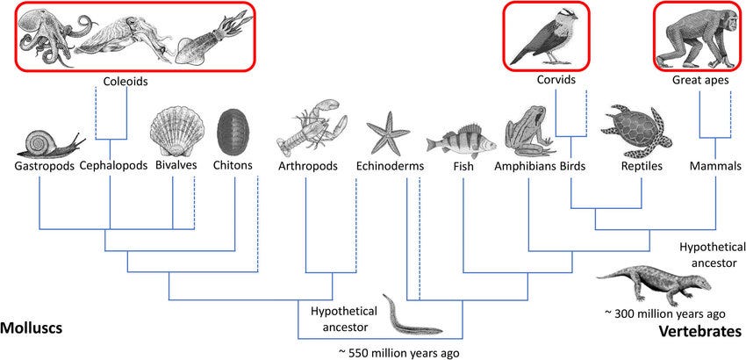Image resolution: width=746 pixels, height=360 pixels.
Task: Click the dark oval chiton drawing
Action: pyautogui.click(x=232, y=133)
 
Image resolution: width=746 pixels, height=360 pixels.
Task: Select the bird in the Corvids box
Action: pyautogui.click(x=555, y=37)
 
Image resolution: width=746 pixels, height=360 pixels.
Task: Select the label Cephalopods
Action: pyautogui.click(x=111, y=166)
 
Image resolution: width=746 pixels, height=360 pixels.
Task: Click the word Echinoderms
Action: pyautogui.click(x=391, y=166)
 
